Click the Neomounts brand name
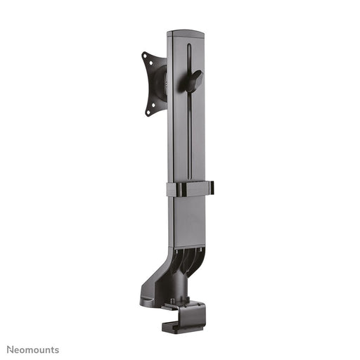point(33,349)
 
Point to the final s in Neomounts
point(57,350)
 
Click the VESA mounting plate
point(153,84)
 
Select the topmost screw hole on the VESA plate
point(145,54)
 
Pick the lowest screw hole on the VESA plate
point(148,110)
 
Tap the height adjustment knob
point(191,79)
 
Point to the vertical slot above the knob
point(189,56)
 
